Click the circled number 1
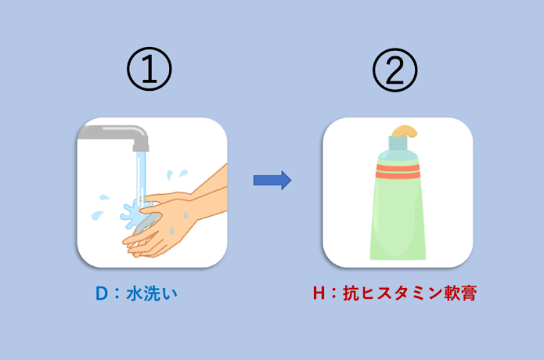pyautogui.click(x=150, y=69)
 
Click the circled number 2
pyautogui.click(x=394, y=70)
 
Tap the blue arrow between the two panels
pyautogui.click(x=272, y=180)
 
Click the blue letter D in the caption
pyautogui.click(x=102, y=293)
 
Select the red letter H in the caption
pyautogui.click(x=319, y=293)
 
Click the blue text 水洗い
pyautogui.click(x=152, y=293)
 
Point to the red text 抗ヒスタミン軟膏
pyautogui.click(x=410, y=293)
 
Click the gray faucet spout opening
pyautogui.click(x=141, y=148)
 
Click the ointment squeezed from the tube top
pyautogui.click(x=405, y=131)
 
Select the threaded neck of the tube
pyautogui.click(x=398, y=143)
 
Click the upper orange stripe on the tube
pyautogui.click(x=398, y=167)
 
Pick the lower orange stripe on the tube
pyautogui.click(x=398, y=175)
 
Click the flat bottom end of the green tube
pyautogui.click(x=398, y=257)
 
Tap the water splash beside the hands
pyautogui.click(x=131, y=214)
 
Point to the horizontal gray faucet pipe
pyautogui.click(x=107, y=132)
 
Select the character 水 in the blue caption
pyautogui.click(x=135, y=293)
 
